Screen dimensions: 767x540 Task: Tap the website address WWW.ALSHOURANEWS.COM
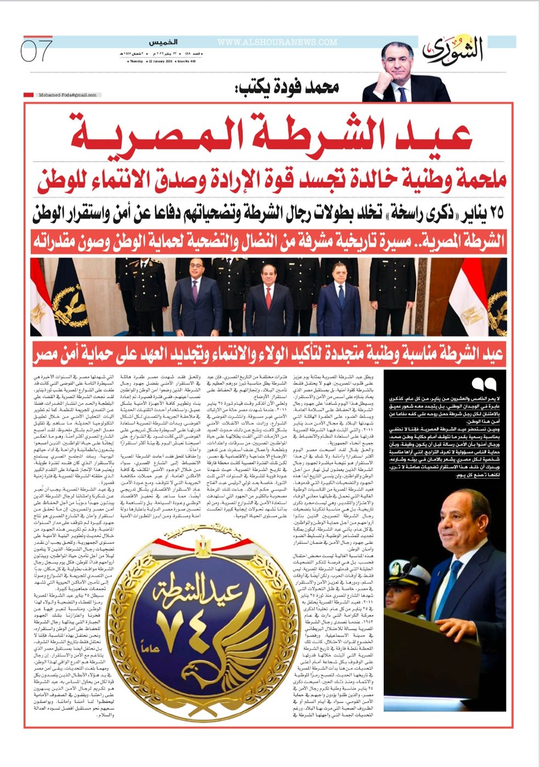point(277,42)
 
